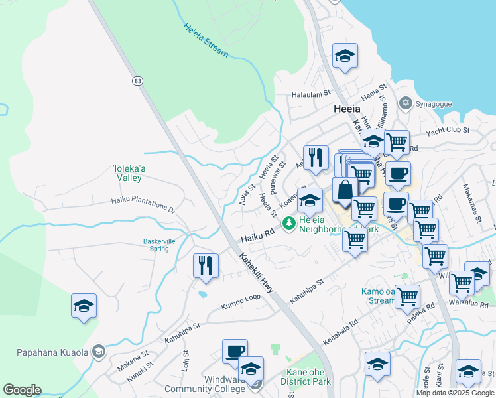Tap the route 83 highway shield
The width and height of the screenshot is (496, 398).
pos(137,80)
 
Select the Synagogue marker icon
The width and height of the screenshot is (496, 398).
pos(405,103)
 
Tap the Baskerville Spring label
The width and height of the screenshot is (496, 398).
pos(159,245)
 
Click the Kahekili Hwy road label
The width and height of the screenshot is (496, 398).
pos(257,273)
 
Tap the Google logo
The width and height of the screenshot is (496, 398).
pos(23,390)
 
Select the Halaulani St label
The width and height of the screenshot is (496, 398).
pos(311,95)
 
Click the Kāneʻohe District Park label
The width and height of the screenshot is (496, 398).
pos(307,377)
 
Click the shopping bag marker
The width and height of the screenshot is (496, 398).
pos(345,190)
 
